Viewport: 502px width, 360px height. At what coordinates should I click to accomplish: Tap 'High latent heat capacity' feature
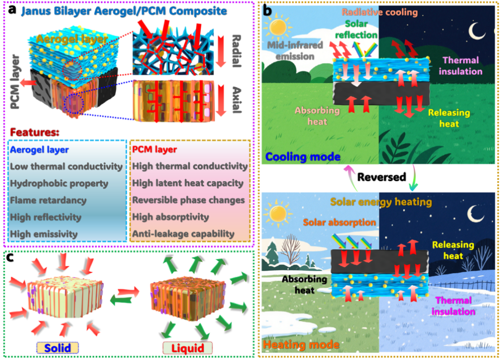tap(187, 183)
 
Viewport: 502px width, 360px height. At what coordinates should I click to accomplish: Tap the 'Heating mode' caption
tap(295, 345)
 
